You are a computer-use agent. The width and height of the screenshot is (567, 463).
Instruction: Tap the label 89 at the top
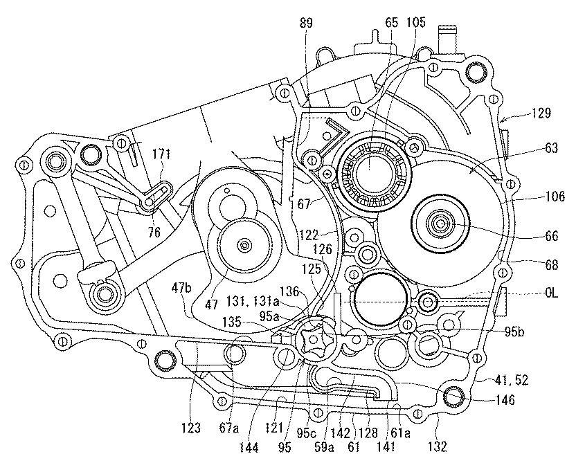coord(305,23)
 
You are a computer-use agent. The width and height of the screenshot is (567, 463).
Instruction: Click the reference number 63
coord(532,147)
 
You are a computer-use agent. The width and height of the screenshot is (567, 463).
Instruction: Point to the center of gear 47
coord(243,245)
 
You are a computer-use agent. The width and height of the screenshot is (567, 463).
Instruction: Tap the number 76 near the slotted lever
coord(154,233)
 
